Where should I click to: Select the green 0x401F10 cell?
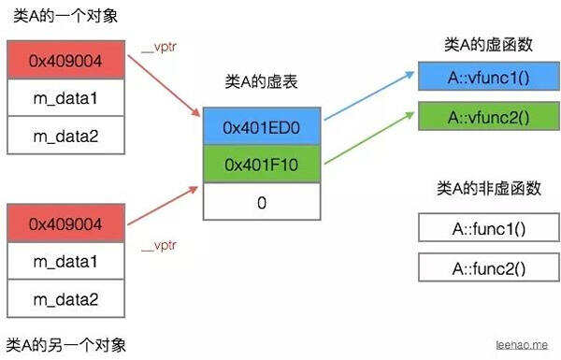click(262, 164)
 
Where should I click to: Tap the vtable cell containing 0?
click(262, 201)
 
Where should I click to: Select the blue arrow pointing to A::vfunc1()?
click(369, 97)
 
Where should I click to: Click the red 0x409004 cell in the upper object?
click(65, 61)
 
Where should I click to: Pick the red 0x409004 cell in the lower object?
click(65, 224)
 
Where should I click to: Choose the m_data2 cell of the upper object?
click(65, 136)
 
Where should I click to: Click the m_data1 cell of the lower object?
click(65, 262)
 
